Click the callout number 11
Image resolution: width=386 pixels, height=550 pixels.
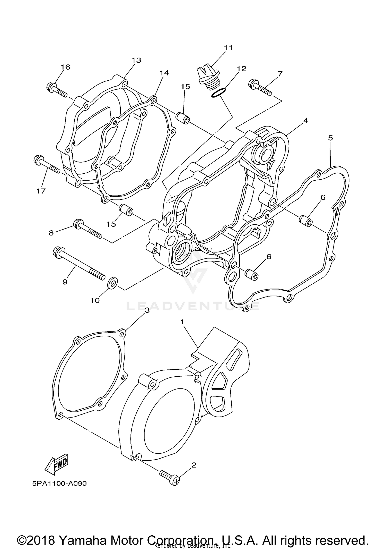click(228, 48)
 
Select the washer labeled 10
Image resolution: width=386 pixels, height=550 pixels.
click(113, 283)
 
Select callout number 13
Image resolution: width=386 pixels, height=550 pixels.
click(136, 60)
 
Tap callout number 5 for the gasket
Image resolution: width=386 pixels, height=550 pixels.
click(331, 138)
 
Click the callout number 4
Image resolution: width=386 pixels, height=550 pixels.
click(305, 120)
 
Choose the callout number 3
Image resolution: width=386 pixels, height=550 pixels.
click(147, 310)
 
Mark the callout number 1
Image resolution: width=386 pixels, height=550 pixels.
click(182, 322)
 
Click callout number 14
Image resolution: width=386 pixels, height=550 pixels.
click(164, 73)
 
